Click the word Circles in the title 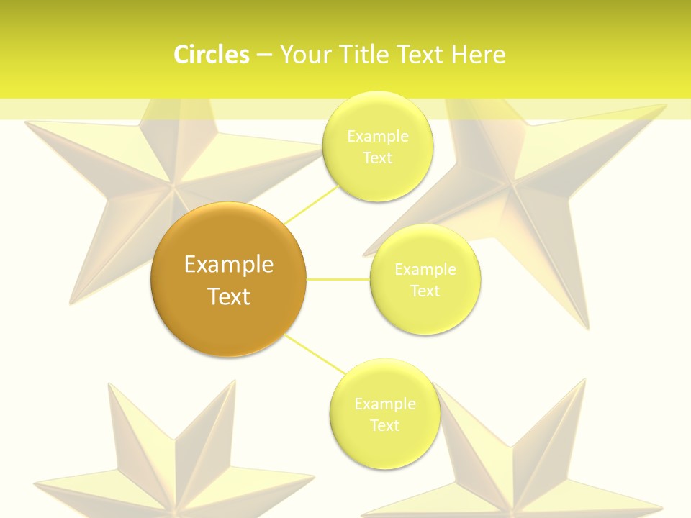[x=211, y=55]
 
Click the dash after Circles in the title [x=264, y=55]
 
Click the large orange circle [x=228, y=279]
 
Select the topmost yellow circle [x=377, y=146]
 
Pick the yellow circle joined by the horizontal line [x=425, y=279]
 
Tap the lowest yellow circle [x=384, y=414]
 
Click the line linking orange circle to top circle [x=311, y=204]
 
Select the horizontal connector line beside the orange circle [x=338, y=279]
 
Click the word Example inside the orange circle [x=228, y=265]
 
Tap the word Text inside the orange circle [x=228, y=296]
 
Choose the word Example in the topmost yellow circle [x=377, y=136]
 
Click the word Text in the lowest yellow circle [x=384, y=425]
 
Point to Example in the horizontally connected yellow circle [x=425, y=269]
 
